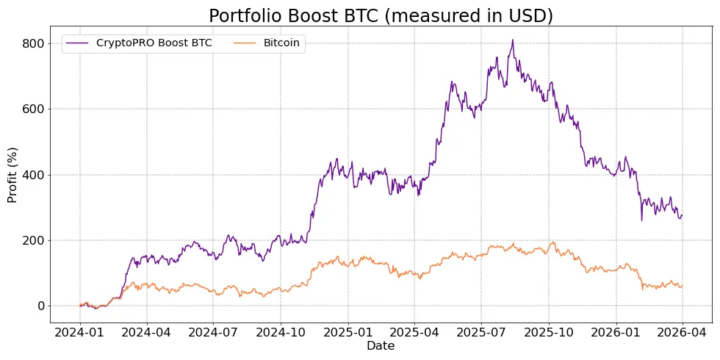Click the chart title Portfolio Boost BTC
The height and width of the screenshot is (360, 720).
click(x=381, y=15)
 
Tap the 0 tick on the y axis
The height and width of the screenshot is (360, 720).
click(x=40, y=306)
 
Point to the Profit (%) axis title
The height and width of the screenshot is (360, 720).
click(x=12, y=175)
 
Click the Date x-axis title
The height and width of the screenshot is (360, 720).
click(x=381, y=346)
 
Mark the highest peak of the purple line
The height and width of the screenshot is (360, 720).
click(x=513, y=40)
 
